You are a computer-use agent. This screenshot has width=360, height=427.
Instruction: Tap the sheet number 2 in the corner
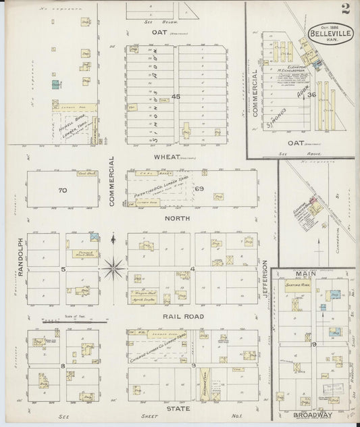tap(345, 9)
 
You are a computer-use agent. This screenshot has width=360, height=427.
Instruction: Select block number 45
tap(176, 97)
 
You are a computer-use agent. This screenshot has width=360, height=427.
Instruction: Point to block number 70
tap(62, 191)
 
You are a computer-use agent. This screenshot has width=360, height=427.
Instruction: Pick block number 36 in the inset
tap(311, 95)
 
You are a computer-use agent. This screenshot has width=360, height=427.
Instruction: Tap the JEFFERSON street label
tap(265, 280)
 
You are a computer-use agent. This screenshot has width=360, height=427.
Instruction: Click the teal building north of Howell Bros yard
tap(55, 84)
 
